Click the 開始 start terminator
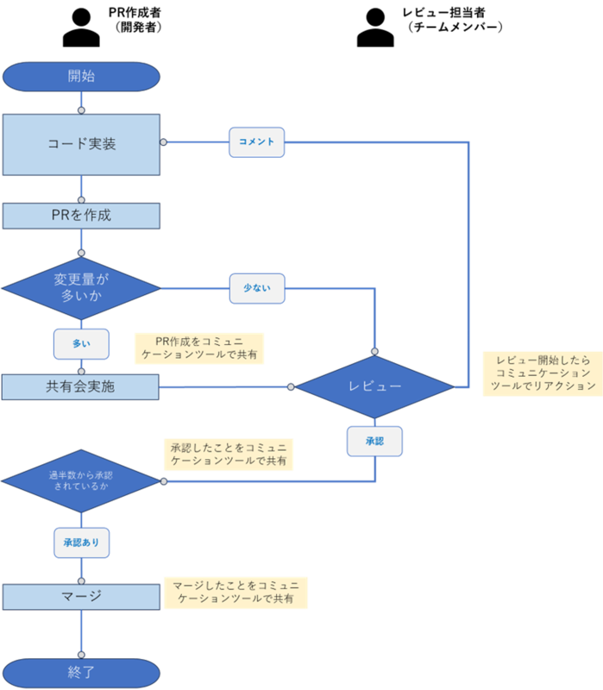click(x=81, y=77)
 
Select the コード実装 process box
click(x=81, y=145)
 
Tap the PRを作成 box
click(x=81, y=216)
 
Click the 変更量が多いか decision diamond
click(x=81, y=288)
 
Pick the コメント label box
click(x=256, y=142)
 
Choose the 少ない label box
click(x=257, y=289)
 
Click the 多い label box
click(x=81, y=344)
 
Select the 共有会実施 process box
click(x=80, y=387)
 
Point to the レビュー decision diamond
click(x=374, y=386)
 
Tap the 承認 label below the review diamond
click(x=374, y=442)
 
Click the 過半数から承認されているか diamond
click(x=81, y=481)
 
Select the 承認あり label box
click(x=81, y=543)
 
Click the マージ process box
click(x=81, y=597)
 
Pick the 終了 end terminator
click(x=81, y=673)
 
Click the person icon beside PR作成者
click(x=81, y=28)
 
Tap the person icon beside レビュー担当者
click(x=375, y=28)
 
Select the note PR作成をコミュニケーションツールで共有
click(x=199, y=348)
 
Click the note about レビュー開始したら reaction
click(x=543, y=373)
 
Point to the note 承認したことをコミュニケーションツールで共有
click(x=229, y=455)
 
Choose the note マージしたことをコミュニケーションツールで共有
click(x=236, y=593)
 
